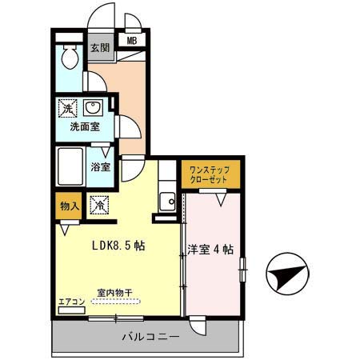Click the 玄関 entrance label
click(100, 48)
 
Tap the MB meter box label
click(132, 41)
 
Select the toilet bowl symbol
click(70, 57)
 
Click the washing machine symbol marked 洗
click(68, 108)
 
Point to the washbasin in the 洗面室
click(93, 108)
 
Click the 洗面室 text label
click(85, 127)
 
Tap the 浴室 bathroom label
click(101, 167)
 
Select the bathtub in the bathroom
click(70, 166)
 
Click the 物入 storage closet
click(69, 206)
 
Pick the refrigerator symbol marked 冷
click(99, 205)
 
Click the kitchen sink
click(167, 202)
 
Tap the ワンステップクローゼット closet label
click(209, 174)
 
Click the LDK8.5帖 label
click(118, 246)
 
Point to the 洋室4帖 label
click(210, 250)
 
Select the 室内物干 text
click(114, 293)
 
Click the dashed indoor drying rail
click(116, 302)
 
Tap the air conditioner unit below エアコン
click(72, 310)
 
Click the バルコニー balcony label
click(150, 337)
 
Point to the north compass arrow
click(287, 274)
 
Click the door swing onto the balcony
click(198, 326)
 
